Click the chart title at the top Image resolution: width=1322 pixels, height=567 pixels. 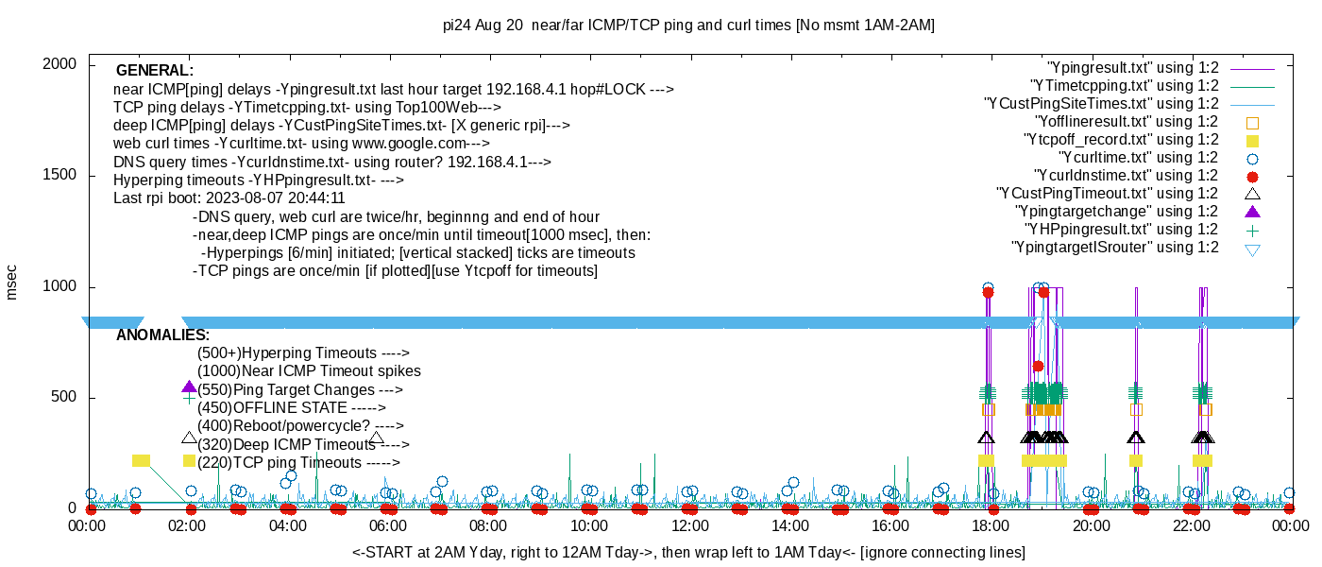(x=688, y=26)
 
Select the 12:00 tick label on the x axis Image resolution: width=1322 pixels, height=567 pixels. (x=689, y=525)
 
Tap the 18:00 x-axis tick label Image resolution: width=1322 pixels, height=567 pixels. (x=991, y=525)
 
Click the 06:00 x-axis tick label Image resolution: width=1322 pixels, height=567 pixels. (x=388, y=525)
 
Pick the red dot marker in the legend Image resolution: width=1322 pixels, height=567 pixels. (x=1252, y=176)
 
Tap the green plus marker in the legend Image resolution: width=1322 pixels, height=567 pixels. (x=1252, y=230)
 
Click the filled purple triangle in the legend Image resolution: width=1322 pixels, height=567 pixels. (x=1252, y=212)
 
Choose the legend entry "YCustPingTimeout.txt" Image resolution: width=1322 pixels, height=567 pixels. (x=1108, y=194)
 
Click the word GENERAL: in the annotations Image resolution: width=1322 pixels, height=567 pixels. (x=155, y=71)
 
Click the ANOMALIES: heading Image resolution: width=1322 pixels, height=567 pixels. (x=162, y=335)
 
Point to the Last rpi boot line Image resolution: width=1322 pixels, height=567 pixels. (x=229, y=199)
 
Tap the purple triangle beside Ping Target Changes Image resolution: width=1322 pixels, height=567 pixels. (x=189, y=387)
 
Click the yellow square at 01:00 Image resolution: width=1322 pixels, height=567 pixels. (x=141, y=460)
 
